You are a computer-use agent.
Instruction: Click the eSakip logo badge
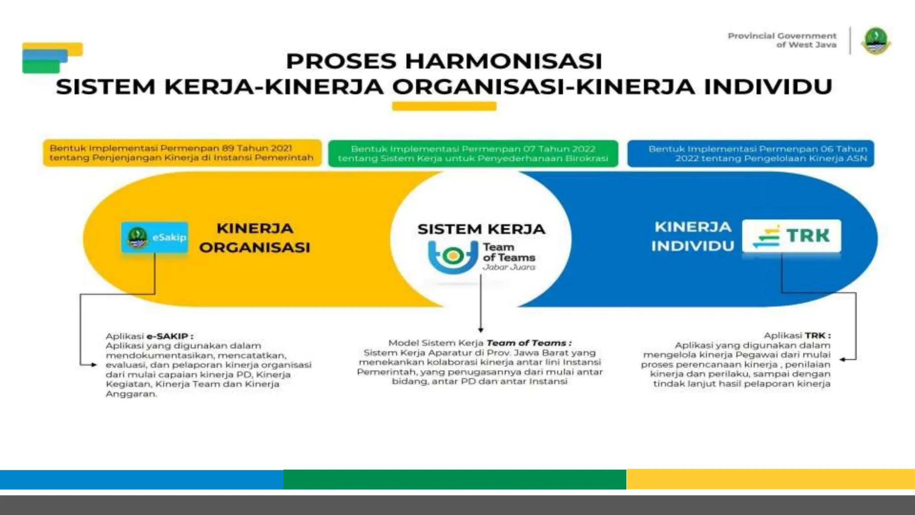click(155, 237)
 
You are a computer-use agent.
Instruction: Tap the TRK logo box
click(791, 236)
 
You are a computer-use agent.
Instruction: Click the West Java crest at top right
click(876, 41)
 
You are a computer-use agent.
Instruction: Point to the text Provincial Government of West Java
click(782, 40)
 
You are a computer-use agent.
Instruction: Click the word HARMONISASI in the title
click(504, 61)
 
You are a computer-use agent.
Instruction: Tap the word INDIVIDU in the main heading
click(768, 87)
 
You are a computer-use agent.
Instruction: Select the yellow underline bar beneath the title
click(444, 106)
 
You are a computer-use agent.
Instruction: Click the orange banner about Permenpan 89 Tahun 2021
click(182, 153)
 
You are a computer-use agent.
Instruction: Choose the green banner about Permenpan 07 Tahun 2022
click(473, 154)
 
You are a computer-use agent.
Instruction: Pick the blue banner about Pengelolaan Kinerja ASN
click(751, 154)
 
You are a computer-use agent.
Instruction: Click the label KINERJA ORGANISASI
click(255, 237)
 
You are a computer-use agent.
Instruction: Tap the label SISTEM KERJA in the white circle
click(481, 229)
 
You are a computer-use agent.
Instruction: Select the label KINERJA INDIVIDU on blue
click(693, 236)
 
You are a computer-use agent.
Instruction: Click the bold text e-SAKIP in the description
click(167, 336)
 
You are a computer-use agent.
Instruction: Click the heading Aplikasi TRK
click(797, 335)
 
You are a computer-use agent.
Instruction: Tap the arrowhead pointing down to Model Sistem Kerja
click(481, 329)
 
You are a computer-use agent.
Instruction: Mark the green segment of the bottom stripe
click(454, 479)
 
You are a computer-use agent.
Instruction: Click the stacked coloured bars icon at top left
click(52, 58)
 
